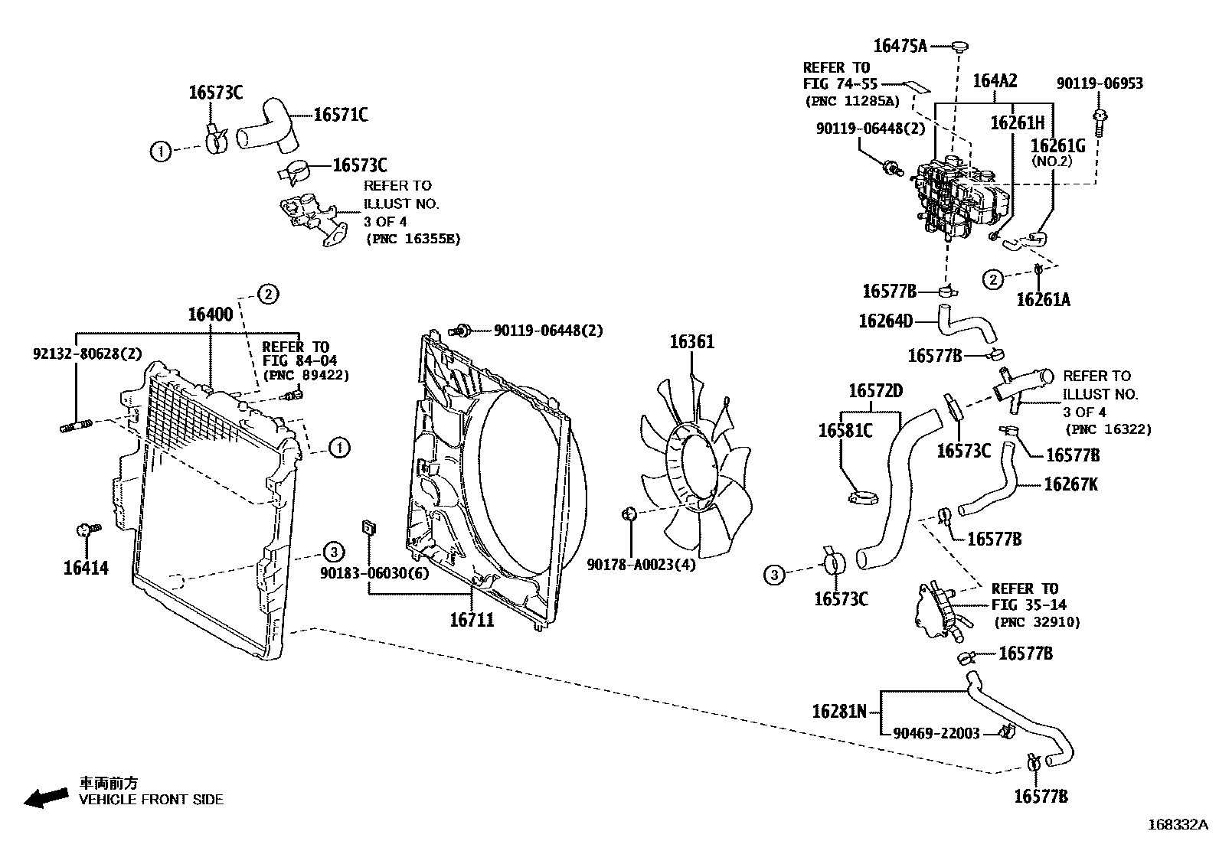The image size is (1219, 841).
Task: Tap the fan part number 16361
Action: pyautogui.click(x=691, y=341)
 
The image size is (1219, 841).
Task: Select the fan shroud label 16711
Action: pyautogui.click(x=472, y=619)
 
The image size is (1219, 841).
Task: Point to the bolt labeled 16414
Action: pyautogui.click(x=86, y=530)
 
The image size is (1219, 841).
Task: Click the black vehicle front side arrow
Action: pyautogui.click(x=45, y=797)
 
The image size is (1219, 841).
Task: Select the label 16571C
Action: pyautogui.click(x=341, y=115)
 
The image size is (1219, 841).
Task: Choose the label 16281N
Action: pyautogui.click(x=839, y=712)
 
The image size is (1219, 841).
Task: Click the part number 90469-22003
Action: pyautogui.click(x=936, y=733)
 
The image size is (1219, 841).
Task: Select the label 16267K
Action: pyautogui.click(x=1070, y=484)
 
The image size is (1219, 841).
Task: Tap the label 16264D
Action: pyautogui.click(x=885, y=321)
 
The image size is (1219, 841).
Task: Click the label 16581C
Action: pyautogui.click(x=845, y=430)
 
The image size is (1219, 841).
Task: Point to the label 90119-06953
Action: pyautogui.click(x=1100, y=83)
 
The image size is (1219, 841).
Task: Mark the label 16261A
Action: pyautogui.click(x=1043, y=299)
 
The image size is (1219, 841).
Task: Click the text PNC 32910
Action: pyautogui.click(x=1038, y=622)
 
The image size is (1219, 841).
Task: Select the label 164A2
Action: pyautogui.click(x=995, y=80)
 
